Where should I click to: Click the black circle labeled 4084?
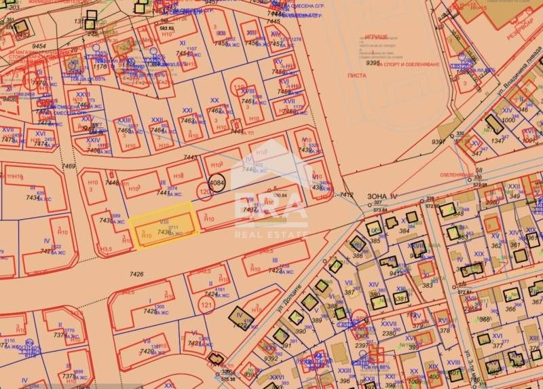click(x=217, y=183)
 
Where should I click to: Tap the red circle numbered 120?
click(x=206, y=193)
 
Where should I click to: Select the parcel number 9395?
click(x=373, y=63)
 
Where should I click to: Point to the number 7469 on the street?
click(x=69, y=166)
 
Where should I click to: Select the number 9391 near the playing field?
click(x=438, y=142)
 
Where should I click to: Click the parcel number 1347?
click(x=498, y=141)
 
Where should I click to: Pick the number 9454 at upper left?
click(x=39, y=47)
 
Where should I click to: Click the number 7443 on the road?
click(x=190, y=158)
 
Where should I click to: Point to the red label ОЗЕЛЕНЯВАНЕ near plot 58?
click(x=459, y=174)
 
